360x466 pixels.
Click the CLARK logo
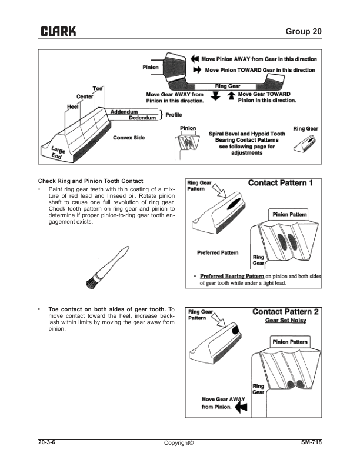58,32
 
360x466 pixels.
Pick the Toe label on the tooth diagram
98,88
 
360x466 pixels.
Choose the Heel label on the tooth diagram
73,106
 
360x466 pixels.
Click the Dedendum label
142,118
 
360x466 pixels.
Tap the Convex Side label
129,138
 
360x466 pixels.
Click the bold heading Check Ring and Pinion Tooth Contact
91,180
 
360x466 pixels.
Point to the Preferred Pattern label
218,252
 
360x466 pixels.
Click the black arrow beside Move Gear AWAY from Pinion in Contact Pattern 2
240,406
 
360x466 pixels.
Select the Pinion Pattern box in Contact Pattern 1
289,214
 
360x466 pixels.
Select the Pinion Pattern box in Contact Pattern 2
289,342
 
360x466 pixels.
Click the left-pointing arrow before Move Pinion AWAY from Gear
195,59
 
